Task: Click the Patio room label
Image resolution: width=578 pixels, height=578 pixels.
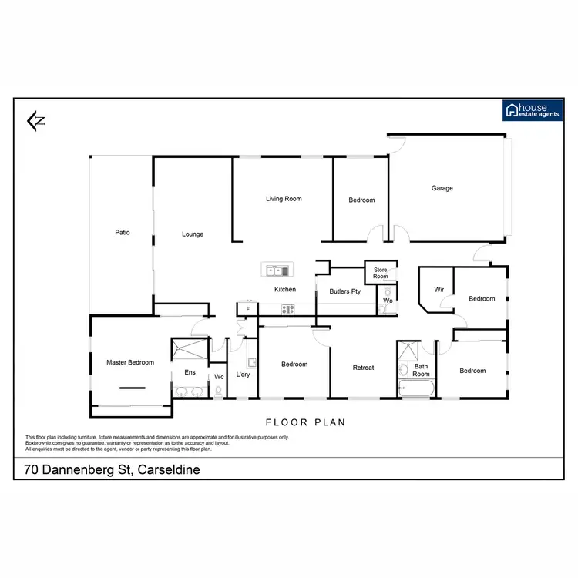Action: pos(122,232)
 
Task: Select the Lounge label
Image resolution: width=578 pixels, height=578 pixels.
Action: pos(193,234)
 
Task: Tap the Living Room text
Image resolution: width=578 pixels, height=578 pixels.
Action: pos(284,199)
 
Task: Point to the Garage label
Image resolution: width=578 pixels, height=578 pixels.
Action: pos(442,188)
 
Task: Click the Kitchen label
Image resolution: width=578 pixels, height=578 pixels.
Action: pos(285,290)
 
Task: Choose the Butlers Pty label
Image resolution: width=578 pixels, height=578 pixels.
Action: pos(344,292)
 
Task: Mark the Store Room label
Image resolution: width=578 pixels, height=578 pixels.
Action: pos(381,273)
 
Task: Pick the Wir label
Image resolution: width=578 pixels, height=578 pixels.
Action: pos(439,290)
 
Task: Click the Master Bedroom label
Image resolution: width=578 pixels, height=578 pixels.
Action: pos(130,362)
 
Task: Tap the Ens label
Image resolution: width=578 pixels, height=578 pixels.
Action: pos(190,372)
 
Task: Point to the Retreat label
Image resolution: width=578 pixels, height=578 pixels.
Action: pos(363,368)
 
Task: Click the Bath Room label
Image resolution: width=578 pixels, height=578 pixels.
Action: pos(420,371)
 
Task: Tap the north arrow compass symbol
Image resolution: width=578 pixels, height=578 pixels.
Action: pos(35,120)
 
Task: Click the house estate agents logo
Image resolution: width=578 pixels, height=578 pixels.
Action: pos(531,111)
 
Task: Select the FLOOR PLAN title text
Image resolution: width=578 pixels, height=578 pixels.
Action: pos(305,422)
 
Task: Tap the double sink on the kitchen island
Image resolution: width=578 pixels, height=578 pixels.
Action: pos(276,270)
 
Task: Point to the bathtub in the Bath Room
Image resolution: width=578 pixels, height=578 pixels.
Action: pos(417,391)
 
